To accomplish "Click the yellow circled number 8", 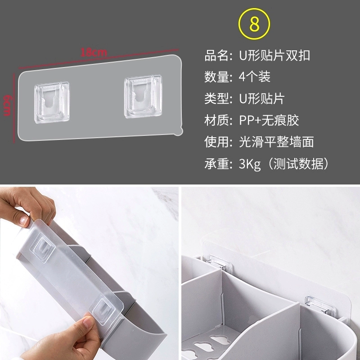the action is (254, 24).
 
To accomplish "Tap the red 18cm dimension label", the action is (94, 52).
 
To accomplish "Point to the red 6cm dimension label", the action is (7, 105).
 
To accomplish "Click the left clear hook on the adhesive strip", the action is (52, 102).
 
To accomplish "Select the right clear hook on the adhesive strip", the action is (143, 96).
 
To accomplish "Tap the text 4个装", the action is (255, 76).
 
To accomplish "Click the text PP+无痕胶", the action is (269, 120).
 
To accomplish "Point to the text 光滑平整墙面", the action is (276, 142).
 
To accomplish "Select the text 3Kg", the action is (250, 164).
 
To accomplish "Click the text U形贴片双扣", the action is (274, 55).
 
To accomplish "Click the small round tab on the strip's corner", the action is (178, 131).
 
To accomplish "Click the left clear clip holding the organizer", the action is (220, 261).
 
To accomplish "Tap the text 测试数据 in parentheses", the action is (298, 164).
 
